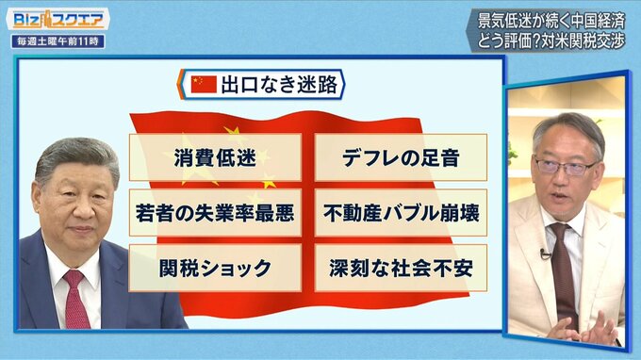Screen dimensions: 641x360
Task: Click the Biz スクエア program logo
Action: coord(58,19)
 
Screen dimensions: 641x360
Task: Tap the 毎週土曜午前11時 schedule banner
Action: coord(58,41)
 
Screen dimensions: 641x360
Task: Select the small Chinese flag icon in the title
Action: coord(204,84)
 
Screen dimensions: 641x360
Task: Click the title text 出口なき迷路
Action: coord(279,85)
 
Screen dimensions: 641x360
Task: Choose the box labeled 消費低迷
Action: coord(216,157)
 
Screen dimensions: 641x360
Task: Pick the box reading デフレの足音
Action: coord(401,157)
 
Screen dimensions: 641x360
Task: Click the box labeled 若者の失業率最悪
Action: coord(216,212)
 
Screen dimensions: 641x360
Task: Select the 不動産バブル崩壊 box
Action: coord(401,212)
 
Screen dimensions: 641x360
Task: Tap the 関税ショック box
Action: coord(216,268)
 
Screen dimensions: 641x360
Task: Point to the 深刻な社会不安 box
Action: coord(401,268)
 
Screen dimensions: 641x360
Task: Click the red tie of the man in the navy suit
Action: coord(75,301)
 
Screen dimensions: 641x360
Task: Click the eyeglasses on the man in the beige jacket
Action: coord(567,167)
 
